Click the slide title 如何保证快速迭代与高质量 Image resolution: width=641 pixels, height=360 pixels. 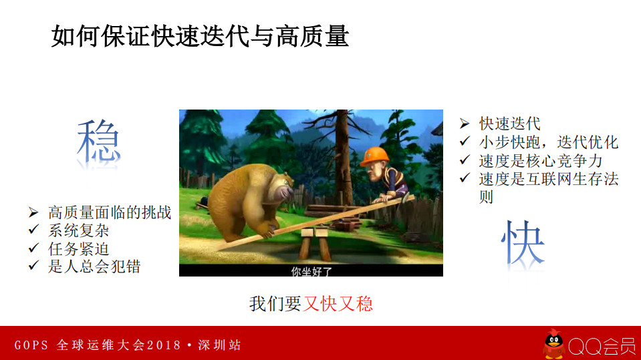(200, 36)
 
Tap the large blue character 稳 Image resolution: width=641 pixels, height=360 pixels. (99, 142)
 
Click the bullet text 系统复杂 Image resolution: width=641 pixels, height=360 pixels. (79, 230)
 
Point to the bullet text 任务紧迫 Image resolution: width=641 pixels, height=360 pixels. (79, 248)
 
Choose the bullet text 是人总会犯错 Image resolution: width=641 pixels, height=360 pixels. (94, 266)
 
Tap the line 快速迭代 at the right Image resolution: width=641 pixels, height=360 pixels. (510, 124)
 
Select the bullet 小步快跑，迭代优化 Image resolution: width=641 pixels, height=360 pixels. (548, 142)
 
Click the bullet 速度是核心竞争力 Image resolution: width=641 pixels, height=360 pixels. (540, 160)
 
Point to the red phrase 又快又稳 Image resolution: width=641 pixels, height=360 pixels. (338, 304)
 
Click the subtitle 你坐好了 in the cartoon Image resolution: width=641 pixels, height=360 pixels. (311, 271)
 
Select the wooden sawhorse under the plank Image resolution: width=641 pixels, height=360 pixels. (315, 243)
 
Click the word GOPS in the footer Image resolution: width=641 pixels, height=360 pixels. (31, 345)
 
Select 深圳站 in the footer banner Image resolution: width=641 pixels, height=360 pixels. (219, 345)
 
